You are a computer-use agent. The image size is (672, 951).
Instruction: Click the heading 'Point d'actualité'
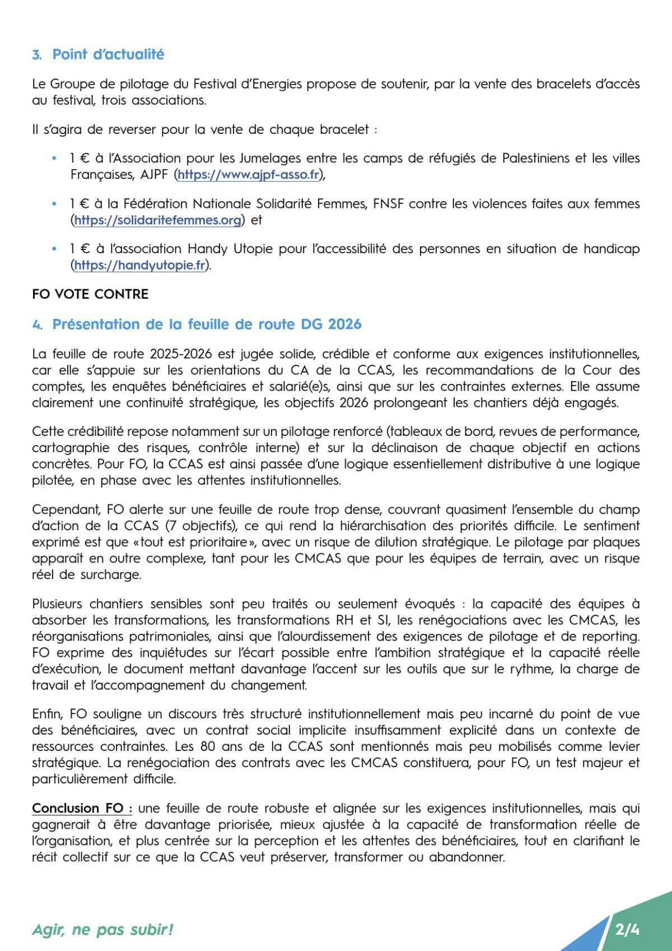[108, 54]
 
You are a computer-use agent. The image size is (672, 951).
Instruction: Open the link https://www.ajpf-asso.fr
[248, 174]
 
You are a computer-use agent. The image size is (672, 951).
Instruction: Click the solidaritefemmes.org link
[158, 220]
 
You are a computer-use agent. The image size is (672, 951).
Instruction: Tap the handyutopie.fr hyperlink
[140, 265]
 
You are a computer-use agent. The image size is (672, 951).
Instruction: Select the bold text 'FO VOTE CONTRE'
[90, 294]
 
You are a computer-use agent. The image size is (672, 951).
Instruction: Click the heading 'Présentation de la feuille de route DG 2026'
[207, 324]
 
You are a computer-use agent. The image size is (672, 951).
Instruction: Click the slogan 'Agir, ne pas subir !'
[102, 930]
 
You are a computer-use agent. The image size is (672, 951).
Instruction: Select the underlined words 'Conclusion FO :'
[82, 808]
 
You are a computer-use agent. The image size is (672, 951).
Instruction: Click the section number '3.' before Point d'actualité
[37, 55]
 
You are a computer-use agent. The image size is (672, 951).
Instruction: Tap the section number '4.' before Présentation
[37, 324]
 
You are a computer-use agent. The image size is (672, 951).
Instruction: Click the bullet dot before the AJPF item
[54, 159]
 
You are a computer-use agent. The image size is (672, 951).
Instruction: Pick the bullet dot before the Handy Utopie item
[54, 249]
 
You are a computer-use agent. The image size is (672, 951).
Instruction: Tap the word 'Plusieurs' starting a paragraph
[58, 604]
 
